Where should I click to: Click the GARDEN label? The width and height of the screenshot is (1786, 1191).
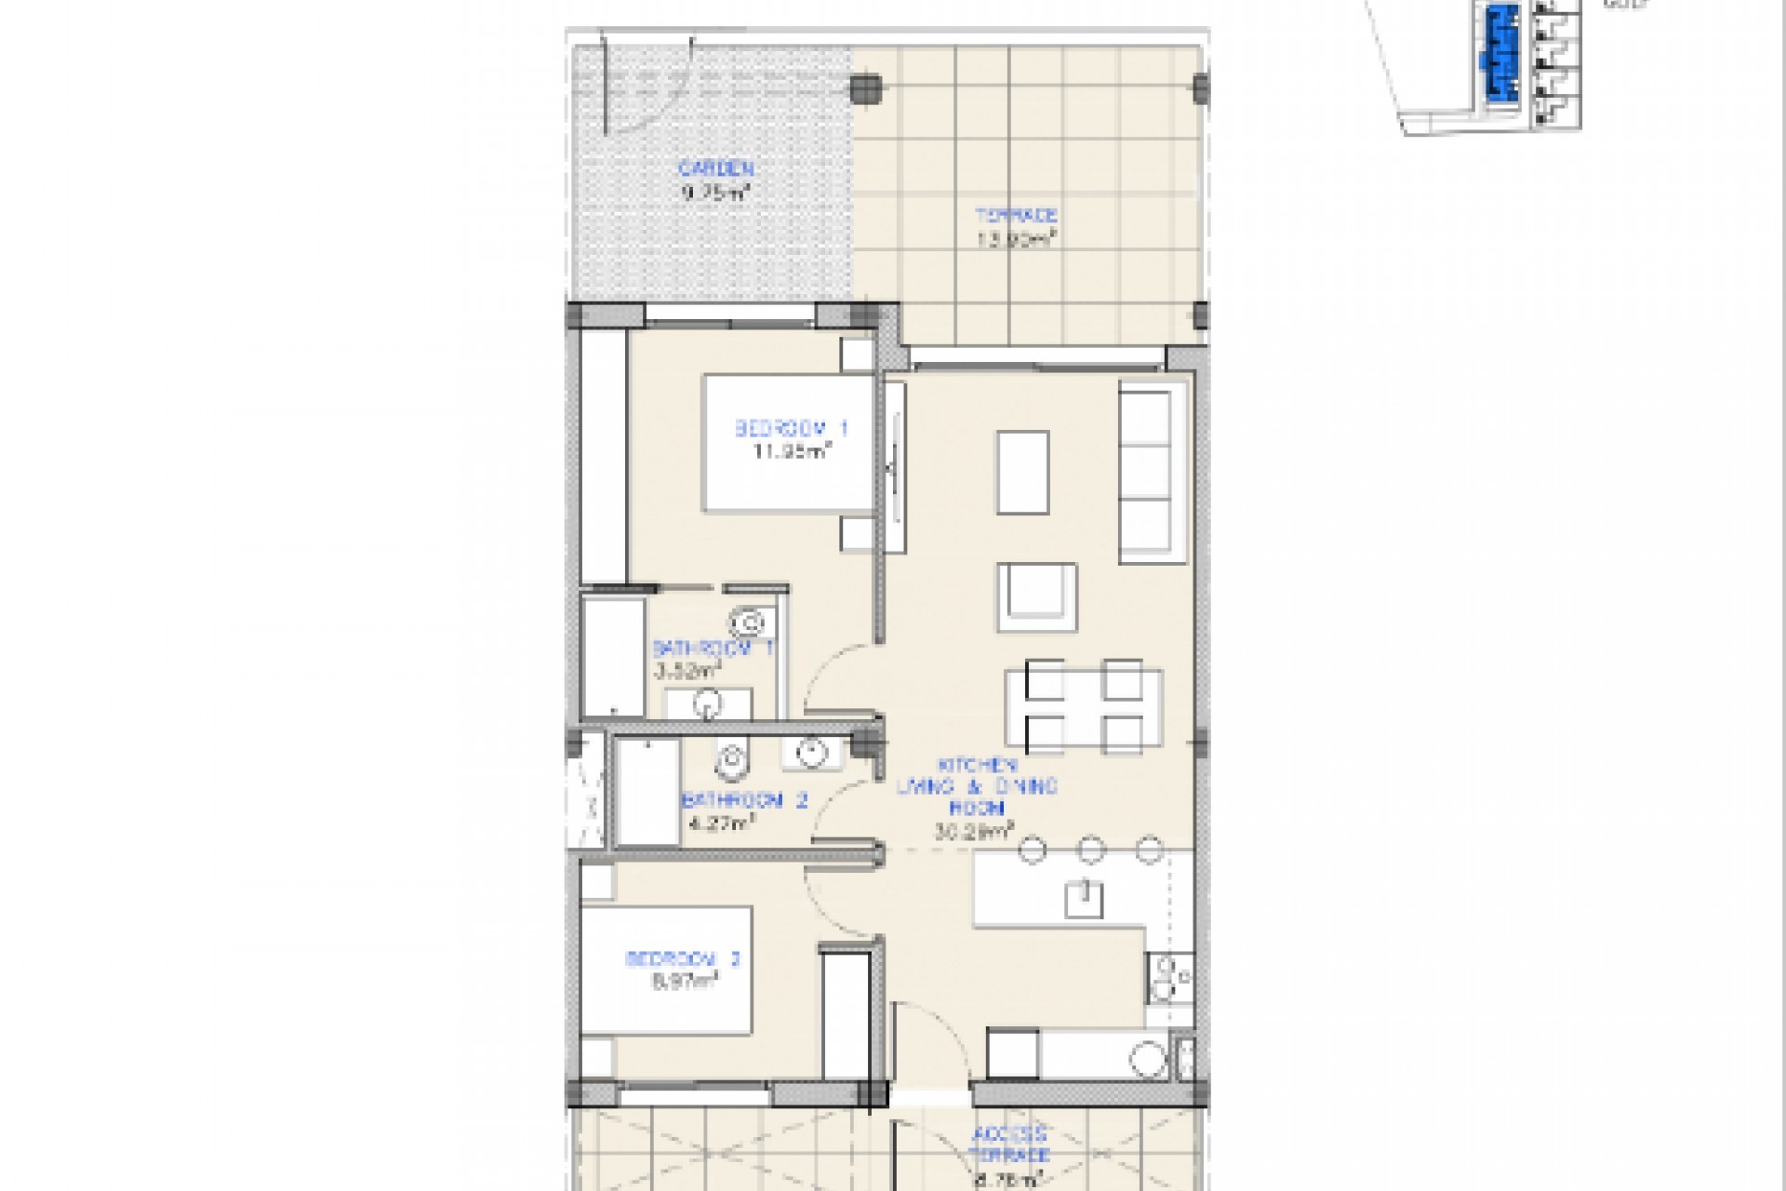pos(715,169)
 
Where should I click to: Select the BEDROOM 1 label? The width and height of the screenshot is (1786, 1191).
pos(791,429)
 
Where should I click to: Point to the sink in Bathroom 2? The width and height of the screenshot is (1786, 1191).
pos(813,752)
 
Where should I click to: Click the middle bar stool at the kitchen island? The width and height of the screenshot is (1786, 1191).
pos(1090,850)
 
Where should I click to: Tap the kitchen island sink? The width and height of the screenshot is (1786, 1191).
pos(1083,899)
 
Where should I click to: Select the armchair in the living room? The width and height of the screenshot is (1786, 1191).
pos(1037,595)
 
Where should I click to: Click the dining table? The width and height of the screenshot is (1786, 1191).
pos(1083,706)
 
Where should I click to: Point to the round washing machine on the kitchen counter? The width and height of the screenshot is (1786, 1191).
pos(1147,1059)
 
